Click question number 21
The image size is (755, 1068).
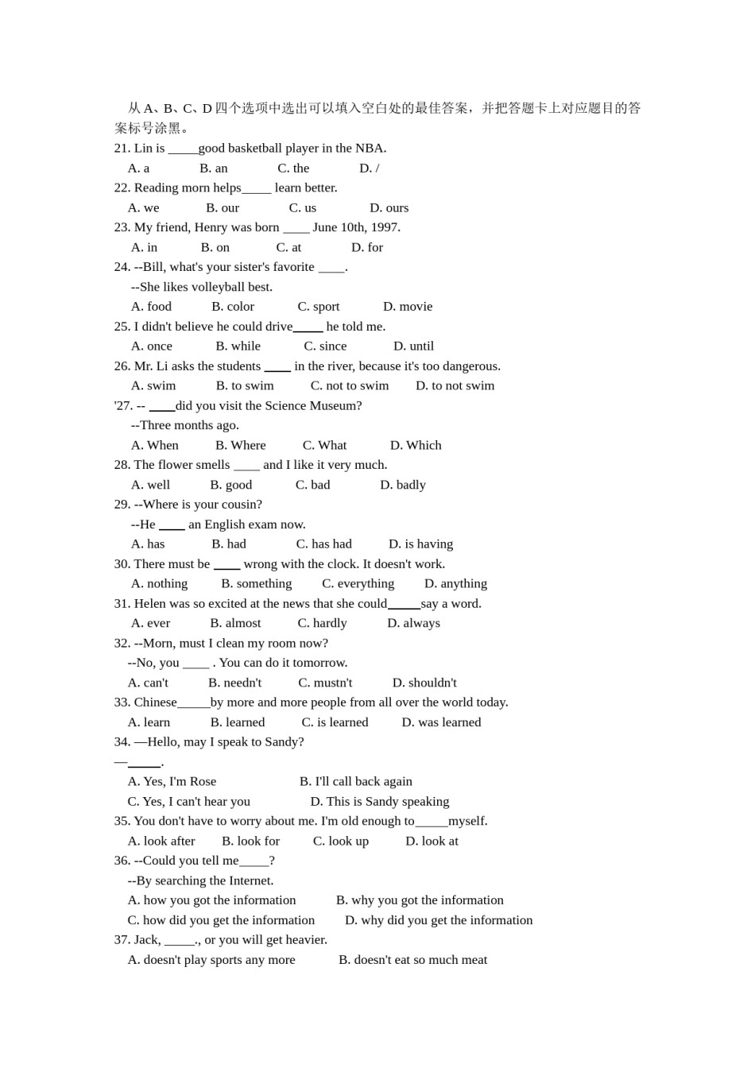click(x=122, y=149)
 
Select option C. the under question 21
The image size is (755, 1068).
click(x=293, y=168)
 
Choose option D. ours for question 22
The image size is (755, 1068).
click(x=389, y=208)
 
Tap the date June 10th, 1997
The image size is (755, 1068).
click(x=356, y=228)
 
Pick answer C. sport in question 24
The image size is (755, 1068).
click(x=318, y=307)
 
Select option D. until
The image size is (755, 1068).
click(x=413, y=346)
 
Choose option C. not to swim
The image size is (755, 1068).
click(x=349, y=386)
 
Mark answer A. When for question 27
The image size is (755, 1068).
click(x=154, y=446)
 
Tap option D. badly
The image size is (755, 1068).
click(x=402, y=485)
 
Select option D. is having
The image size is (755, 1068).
click(x=420, y=544)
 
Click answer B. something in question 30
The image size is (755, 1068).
click(x=256, y=584)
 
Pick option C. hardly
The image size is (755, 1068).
click(x=322, y=624)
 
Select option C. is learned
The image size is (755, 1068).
click(x=335, y=722)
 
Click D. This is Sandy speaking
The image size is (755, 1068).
click(x=379, y=802)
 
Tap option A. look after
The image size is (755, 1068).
click(x=161, y=842)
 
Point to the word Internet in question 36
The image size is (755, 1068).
click(x=250, y=881)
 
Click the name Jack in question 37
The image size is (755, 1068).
click(x=147, y=940)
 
